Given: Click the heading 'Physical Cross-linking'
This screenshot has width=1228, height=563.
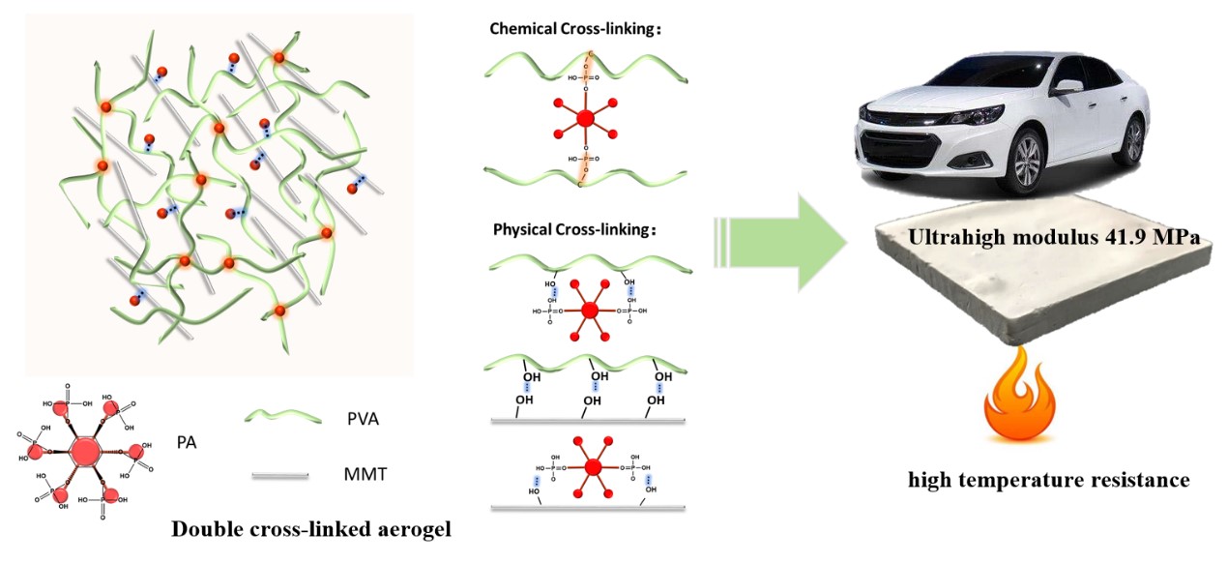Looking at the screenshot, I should pyautogui.click(x=573, y=231).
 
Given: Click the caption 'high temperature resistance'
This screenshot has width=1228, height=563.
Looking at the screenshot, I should pyautogui.click(x=1048, y=480).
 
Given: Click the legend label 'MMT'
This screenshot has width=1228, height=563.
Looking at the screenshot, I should pyautogui.click(x=364, y=475).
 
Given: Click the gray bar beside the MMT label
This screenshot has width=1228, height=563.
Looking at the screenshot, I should pyautogui.click(x=280, y=475).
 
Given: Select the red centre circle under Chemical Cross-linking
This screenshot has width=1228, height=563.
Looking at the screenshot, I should pyautogui.click(x=584, y=119).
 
